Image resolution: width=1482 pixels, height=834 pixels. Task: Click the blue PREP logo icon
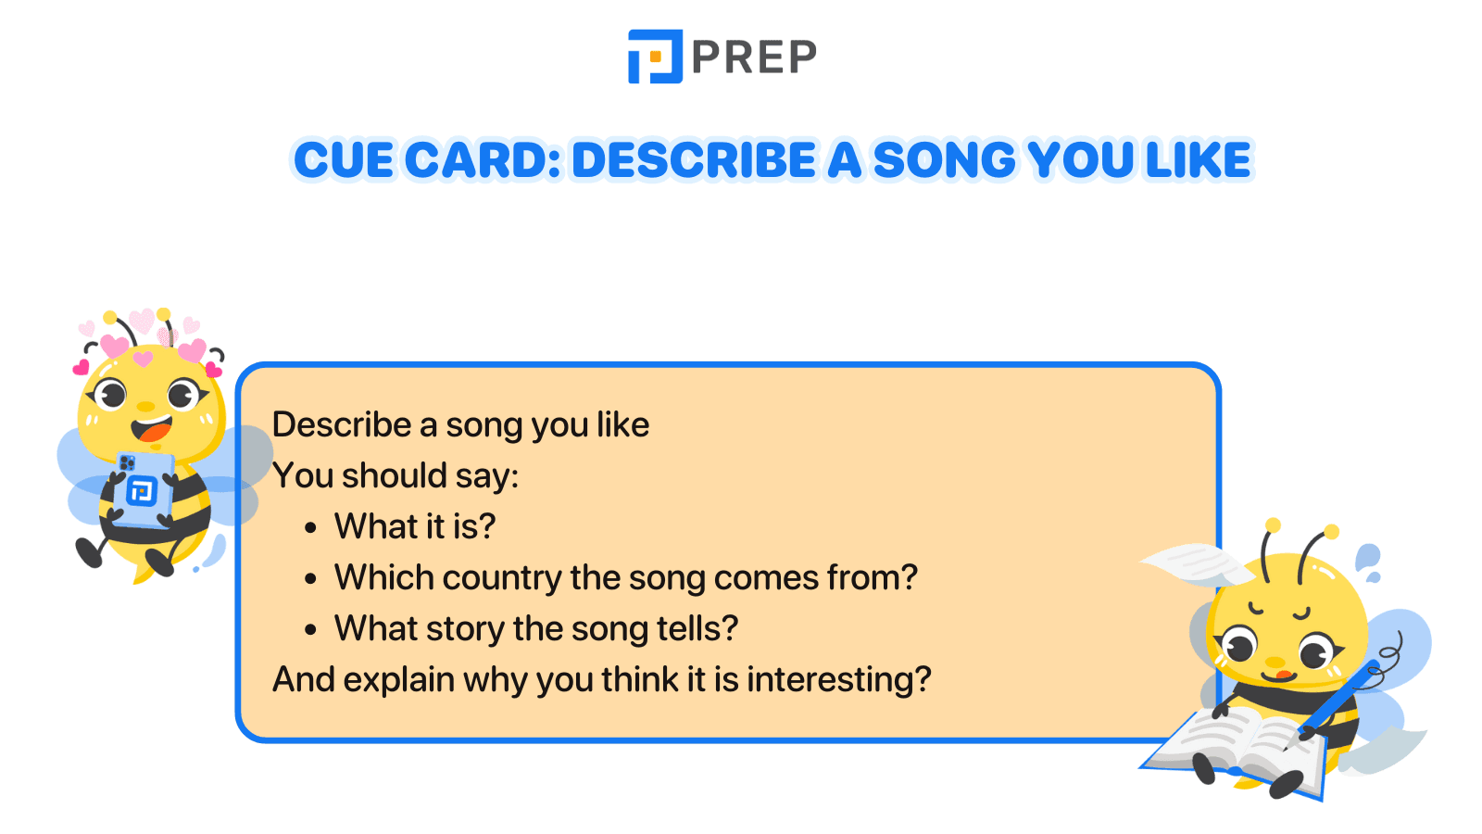pos(655,57)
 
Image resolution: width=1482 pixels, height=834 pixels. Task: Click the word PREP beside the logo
pos(754,57)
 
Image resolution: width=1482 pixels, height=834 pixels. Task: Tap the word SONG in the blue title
pos(945,159)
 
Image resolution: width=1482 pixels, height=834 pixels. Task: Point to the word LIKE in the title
pos(1199,159)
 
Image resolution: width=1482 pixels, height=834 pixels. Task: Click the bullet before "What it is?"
pos(310,528)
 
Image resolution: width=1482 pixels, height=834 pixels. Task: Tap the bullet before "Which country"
pos(310,579)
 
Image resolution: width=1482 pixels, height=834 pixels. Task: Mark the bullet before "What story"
pos(310,630)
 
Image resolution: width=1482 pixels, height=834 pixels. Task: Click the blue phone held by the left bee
pos(143,489)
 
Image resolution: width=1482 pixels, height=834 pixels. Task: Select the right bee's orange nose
pos(1276,663)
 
